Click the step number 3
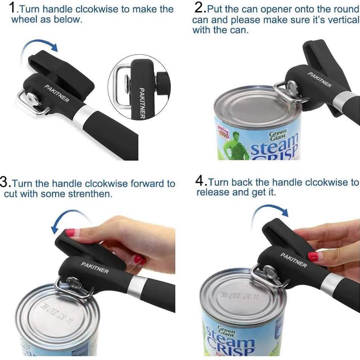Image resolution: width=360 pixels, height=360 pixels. [x=5, y=183]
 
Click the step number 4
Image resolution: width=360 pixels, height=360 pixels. [x=200, y=182]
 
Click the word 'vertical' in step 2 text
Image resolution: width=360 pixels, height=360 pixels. [x=343, y=20]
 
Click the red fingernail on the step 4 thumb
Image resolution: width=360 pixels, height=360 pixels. [x=313, y=257]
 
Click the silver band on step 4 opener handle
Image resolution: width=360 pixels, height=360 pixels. [x=330, y=283]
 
